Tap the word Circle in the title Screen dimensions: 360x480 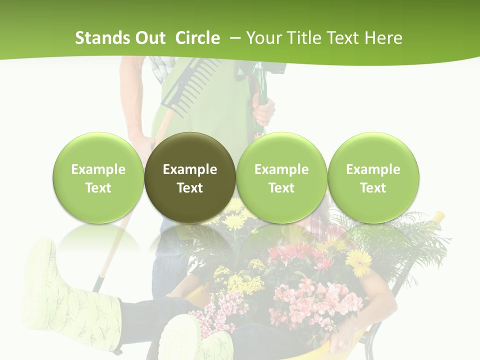tap(197, 38)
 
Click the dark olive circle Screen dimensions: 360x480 tap(190, 177)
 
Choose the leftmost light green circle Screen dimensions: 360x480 tap(98, 177)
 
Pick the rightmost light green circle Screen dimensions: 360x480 tap(373, 177)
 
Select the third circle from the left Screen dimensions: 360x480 tap(281, 177)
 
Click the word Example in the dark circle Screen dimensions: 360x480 tap(190, 169)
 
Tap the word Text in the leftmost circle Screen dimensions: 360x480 tap(98, 188)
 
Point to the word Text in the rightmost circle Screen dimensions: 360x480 tap(373, 188)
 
